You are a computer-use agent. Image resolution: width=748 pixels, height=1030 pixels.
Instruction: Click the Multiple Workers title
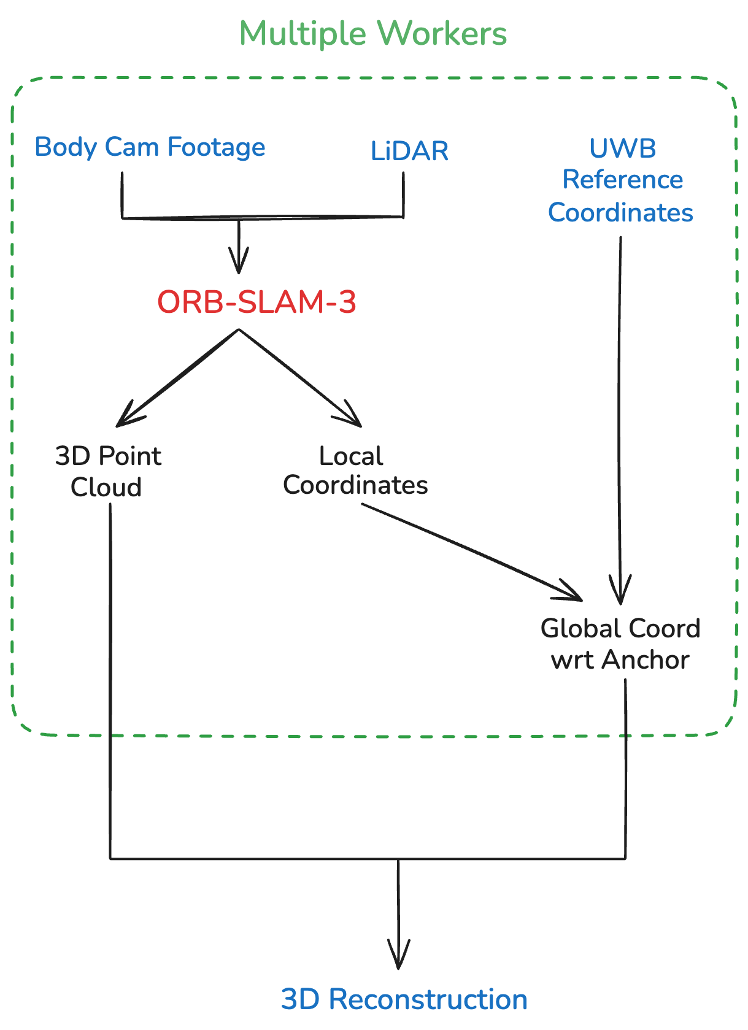pos(373,34)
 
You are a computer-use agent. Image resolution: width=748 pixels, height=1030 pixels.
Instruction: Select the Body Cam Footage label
pos(150,147)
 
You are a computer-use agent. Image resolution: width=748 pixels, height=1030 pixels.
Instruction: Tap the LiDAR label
pos(409,151)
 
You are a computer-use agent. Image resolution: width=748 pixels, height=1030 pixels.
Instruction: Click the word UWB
pos(622,148)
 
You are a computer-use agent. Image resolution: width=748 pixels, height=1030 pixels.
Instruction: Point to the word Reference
pos(622,180)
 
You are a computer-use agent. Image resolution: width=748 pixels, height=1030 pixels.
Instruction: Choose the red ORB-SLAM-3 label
pos(256,302)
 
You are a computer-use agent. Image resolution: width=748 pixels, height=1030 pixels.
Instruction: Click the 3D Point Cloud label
pos(108,471)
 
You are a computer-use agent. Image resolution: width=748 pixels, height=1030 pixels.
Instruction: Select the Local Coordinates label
pos(355,471)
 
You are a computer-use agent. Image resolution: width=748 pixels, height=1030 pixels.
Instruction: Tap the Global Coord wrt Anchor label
pos(620,644)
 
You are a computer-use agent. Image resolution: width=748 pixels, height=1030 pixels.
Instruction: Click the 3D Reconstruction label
pos(404,999)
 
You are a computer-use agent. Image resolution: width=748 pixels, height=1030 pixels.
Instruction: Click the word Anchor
pos(646,660)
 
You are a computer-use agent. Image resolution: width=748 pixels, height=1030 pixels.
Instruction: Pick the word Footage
pos(216,147)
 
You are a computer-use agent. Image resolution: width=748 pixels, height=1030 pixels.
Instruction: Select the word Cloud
pos(106,487)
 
